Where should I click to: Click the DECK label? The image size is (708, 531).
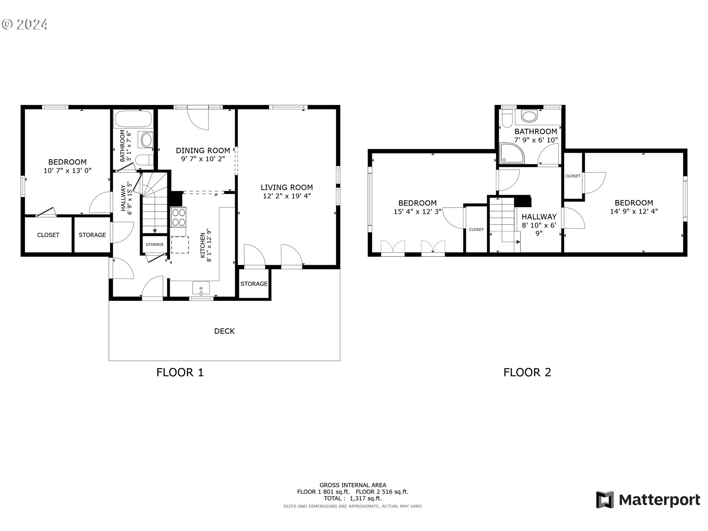224,331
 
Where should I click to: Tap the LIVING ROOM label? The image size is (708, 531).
287,187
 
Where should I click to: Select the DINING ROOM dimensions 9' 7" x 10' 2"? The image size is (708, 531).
202,159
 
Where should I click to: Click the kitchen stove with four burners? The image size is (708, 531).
178,217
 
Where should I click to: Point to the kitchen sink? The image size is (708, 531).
201,288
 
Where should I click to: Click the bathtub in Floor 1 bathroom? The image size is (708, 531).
133,119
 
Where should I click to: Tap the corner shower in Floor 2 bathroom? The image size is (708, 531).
511,153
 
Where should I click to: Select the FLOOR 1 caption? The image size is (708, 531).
180,372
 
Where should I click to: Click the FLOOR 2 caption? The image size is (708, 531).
527,372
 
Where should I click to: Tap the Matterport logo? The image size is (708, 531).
648,500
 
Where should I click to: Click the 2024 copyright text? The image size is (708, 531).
25,24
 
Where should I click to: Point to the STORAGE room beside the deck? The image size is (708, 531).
254,284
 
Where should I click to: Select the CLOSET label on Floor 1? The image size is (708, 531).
48,235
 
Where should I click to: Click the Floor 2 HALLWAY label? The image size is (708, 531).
539,217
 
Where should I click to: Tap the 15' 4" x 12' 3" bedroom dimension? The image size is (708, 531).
417,212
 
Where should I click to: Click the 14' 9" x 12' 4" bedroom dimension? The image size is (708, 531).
634,211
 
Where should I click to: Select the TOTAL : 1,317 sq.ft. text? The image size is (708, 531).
353,498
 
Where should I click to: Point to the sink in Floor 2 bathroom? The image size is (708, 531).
529,117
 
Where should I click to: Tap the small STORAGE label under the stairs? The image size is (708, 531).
155,244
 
